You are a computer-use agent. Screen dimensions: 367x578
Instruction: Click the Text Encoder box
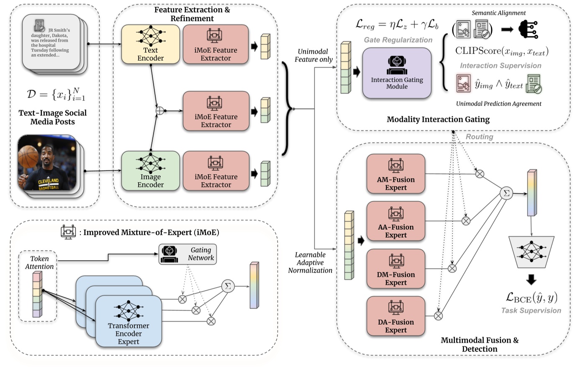(x=150, y=44)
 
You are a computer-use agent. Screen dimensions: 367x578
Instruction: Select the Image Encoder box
(x=150, y=171)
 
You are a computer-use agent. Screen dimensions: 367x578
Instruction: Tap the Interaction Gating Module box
(x=396, y=73)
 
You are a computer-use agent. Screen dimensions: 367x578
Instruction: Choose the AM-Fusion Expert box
(x=396, y=174)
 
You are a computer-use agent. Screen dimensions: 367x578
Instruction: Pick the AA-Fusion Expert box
(x=396, y=221)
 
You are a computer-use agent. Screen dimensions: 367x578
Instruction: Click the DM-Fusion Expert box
(x=396, y=269)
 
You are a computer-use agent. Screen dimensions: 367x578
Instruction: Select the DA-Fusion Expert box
(x=396, y=316)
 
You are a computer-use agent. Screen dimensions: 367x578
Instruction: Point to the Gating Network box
(x=188, y=254)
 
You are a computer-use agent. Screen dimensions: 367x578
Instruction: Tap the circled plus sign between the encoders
(x=159, y=111)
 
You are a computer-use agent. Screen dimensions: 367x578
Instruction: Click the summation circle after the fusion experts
(x=506, y=193)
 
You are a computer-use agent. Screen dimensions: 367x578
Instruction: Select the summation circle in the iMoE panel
(x=228, y=286)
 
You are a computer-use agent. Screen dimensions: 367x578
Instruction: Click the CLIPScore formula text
(x=501, y=51)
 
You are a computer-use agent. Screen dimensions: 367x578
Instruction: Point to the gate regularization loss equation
(x=397, y=24)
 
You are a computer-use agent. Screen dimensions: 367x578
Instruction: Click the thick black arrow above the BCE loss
(x=531, y=280)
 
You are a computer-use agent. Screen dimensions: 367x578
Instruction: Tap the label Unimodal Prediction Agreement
(x=498, y=104)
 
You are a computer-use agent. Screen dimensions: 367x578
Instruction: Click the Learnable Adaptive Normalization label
(x=310, y=263)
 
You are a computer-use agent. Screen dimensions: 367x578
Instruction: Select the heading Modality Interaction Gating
(x=438, y=119)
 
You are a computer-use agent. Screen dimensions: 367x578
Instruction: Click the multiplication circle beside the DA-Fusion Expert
(x=438, y=316)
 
